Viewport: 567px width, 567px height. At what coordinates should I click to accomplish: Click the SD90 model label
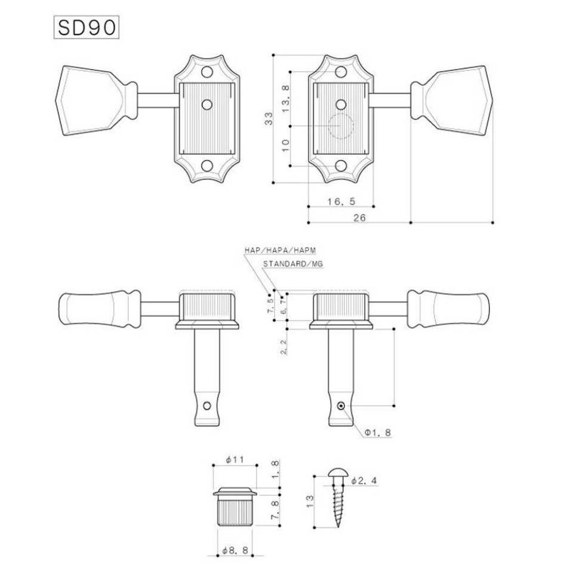[x=87, y=27]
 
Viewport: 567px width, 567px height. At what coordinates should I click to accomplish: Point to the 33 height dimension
[x=269, y=119]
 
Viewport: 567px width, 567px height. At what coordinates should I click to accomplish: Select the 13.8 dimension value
[x=286, y=98]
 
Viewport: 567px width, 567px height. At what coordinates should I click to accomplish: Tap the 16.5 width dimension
[x=341, y=201]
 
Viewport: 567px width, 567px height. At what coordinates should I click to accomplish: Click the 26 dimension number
[x=359, y=218]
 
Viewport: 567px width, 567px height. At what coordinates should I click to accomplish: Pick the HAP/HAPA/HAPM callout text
[x=281, y=250]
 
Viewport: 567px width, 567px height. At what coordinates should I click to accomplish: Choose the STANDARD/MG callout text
[x=293, y=264]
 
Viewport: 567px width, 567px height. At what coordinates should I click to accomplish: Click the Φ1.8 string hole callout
[x=378, y=433]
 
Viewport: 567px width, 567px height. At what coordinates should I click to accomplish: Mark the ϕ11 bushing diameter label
[x=235, y=460]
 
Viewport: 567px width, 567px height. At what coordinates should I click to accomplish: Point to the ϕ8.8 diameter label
[x=235, y=551]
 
